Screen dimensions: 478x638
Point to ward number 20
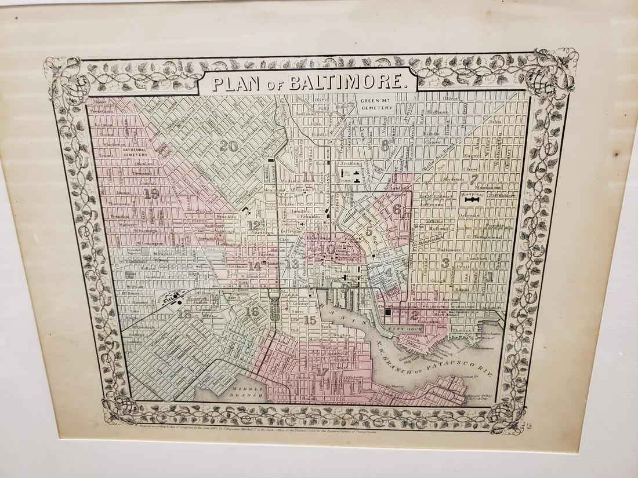(x=229, y=145)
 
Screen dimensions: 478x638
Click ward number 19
(x=151, y=194)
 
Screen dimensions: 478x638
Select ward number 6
(x=396, y=209)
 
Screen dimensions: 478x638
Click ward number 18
(x=184, y=315)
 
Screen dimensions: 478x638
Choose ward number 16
(x=252, y=311)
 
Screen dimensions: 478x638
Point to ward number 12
(x=253, y=225)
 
